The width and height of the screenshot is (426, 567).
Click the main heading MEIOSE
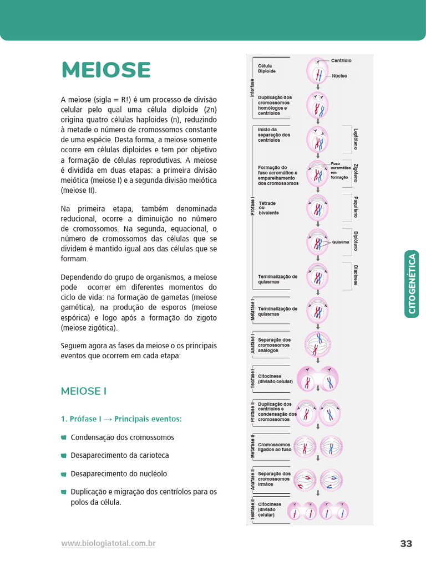106,70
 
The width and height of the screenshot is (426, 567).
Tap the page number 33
406,544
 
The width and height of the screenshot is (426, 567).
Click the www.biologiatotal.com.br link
108,544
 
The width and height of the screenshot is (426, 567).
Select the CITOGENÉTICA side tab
412,284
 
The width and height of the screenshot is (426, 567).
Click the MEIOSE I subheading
83,391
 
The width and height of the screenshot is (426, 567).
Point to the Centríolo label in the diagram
341,60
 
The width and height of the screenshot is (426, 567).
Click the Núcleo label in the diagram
339,76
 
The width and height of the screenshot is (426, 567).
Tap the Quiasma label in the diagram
341,242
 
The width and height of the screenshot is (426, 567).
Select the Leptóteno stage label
356,139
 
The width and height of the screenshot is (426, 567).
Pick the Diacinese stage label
356,275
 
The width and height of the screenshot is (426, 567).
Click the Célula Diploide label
267,69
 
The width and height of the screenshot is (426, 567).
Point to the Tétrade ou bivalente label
268,208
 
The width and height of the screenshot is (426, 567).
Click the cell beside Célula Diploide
318,71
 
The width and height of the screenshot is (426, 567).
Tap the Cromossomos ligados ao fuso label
275,447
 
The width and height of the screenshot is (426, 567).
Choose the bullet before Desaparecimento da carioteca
63,456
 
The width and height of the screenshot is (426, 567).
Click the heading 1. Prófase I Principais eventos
121,419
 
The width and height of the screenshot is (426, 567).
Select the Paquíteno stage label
356,207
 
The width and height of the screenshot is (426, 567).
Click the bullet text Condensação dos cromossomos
122,437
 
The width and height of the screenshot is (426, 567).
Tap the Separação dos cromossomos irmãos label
274,479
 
